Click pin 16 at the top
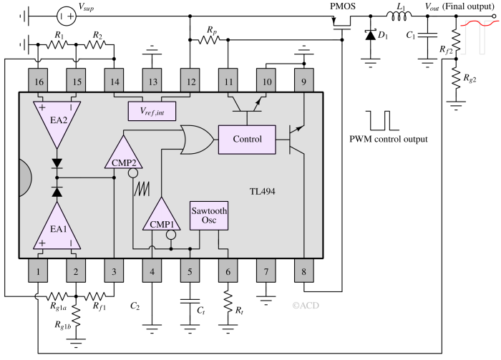(39, 82)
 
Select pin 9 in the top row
(304, 82)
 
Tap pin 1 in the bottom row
(39, 271)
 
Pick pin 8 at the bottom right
(304, 271)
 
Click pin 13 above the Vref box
(152, 82)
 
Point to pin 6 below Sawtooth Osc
(228, 271)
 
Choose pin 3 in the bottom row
(115, 271)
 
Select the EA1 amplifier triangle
(57, 227)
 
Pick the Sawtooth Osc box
(209, 215)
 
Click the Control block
(247, 139)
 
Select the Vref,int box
(152, 110)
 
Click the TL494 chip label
(262, 192)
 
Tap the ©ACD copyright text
(305, 305)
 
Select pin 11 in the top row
(228, 82)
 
